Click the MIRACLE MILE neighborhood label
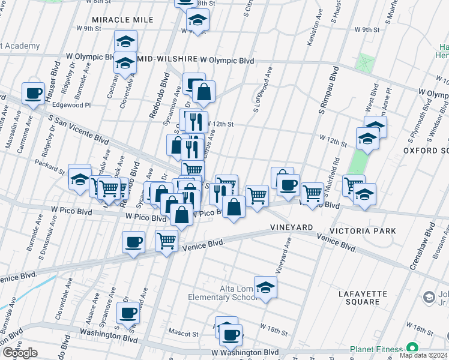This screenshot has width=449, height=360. (122, 20)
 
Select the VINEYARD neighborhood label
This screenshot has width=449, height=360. (292, 228)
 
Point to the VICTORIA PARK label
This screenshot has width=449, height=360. (362, 230)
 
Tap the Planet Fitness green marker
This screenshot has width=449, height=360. (412, 348)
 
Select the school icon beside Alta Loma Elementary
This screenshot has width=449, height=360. (265, 287)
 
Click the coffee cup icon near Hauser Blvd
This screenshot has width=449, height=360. (34, 93)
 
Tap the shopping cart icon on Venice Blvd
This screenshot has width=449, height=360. (166, 241)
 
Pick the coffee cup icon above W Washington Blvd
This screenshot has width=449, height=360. (230, 334)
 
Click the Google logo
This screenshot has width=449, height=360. (20, 353)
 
